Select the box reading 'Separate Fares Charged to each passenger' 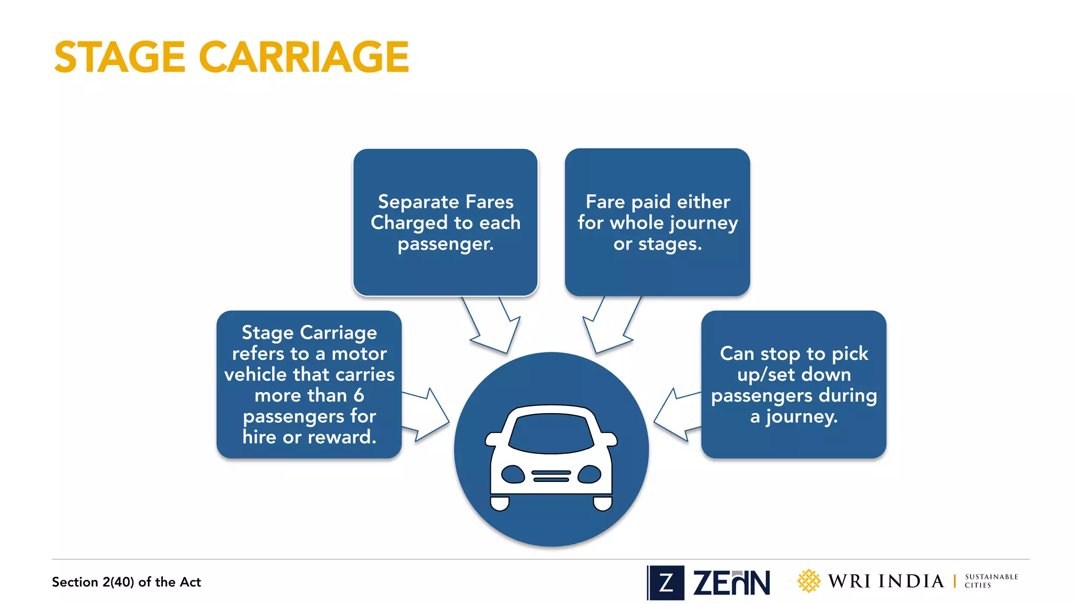point(445,222)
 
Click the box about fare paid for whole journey point(657,222)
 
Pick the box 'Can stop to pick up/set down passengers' point(794,384)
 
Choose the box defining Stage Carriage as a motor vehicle point(309,384)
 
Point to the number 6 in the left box point(359,395)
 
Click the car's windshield point(551,433)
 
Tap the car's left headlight point(513,474)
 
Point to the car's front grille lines point(551,476)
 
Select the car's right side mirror point(609,439)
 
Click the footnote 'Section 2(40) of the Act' point(126,582)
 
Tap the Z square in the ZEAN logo point(666,583)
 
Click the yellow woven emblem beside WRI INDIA point(808,581)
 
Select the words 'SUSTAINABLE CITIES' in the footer point(990,581)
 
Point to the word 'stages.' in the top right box point(669,244)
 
